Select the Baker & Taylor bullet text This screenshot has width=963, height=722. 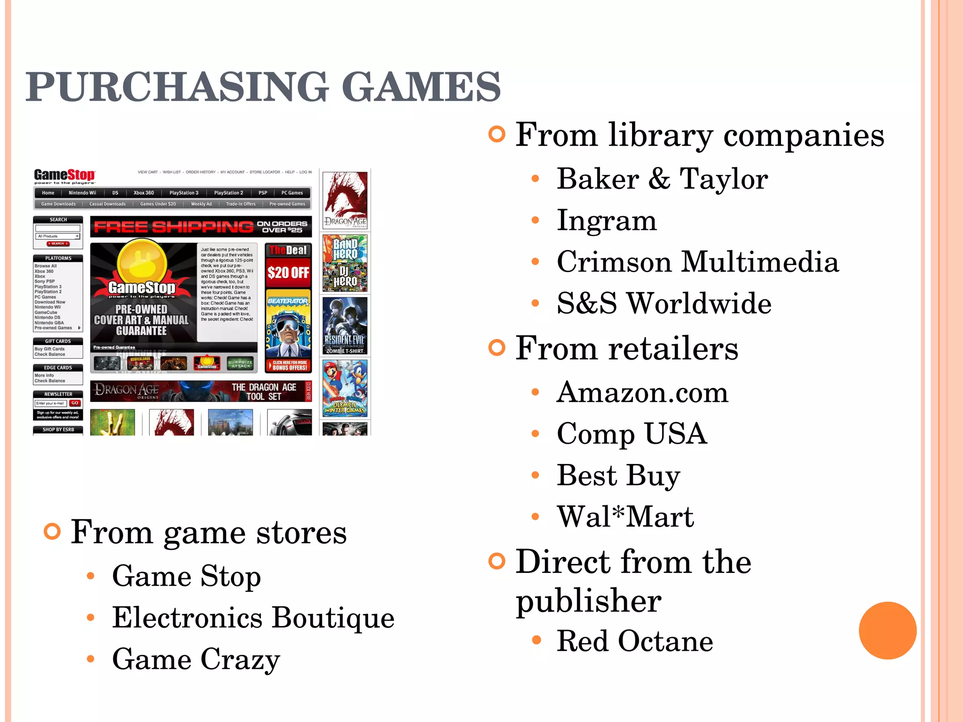(x=662, y=179)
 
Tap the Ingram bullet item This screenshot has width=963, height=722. (x=606, y=220)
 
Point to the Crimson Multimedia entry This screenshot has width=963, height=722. (x=697, y=262)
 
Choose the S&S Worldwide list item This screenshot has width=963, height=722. (x=663, y=303)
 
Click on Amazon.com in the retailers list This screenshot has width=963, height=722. (x=642, y=392)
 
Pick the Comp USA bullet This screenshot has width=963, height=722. (x=631, y=434)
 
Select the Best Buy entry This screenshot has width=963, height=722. (x=618, y=475)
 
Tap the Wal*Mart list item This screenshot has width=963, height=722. (x=625, y=517)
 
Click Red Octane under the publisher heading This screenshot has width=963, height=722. (x=634, y=641)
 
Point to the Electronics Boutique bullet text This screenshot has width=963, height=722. (x=253, y=618)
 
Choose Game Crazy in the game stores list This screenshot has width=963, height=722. (x=196, y=659)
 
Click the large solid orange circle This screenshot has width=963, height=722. (x=887, y=630)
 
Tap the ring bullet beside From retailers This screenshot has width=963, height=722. (x=497, y=348)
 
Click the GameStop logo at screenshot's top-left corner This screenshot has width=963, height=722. (x=64, y=176)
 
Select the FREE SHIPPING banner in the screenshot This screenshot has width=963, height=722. (x=201, y=227)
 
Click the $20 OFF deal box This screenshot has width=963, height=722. (x=288, y=272)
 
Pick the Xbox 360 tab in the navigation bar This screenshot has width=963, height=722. (x=143, y=193)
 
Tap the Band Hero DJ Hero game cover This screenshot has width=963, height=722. (x=345, y=263)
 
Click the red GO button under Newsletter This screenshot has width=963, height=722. (x=75, y=403)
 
